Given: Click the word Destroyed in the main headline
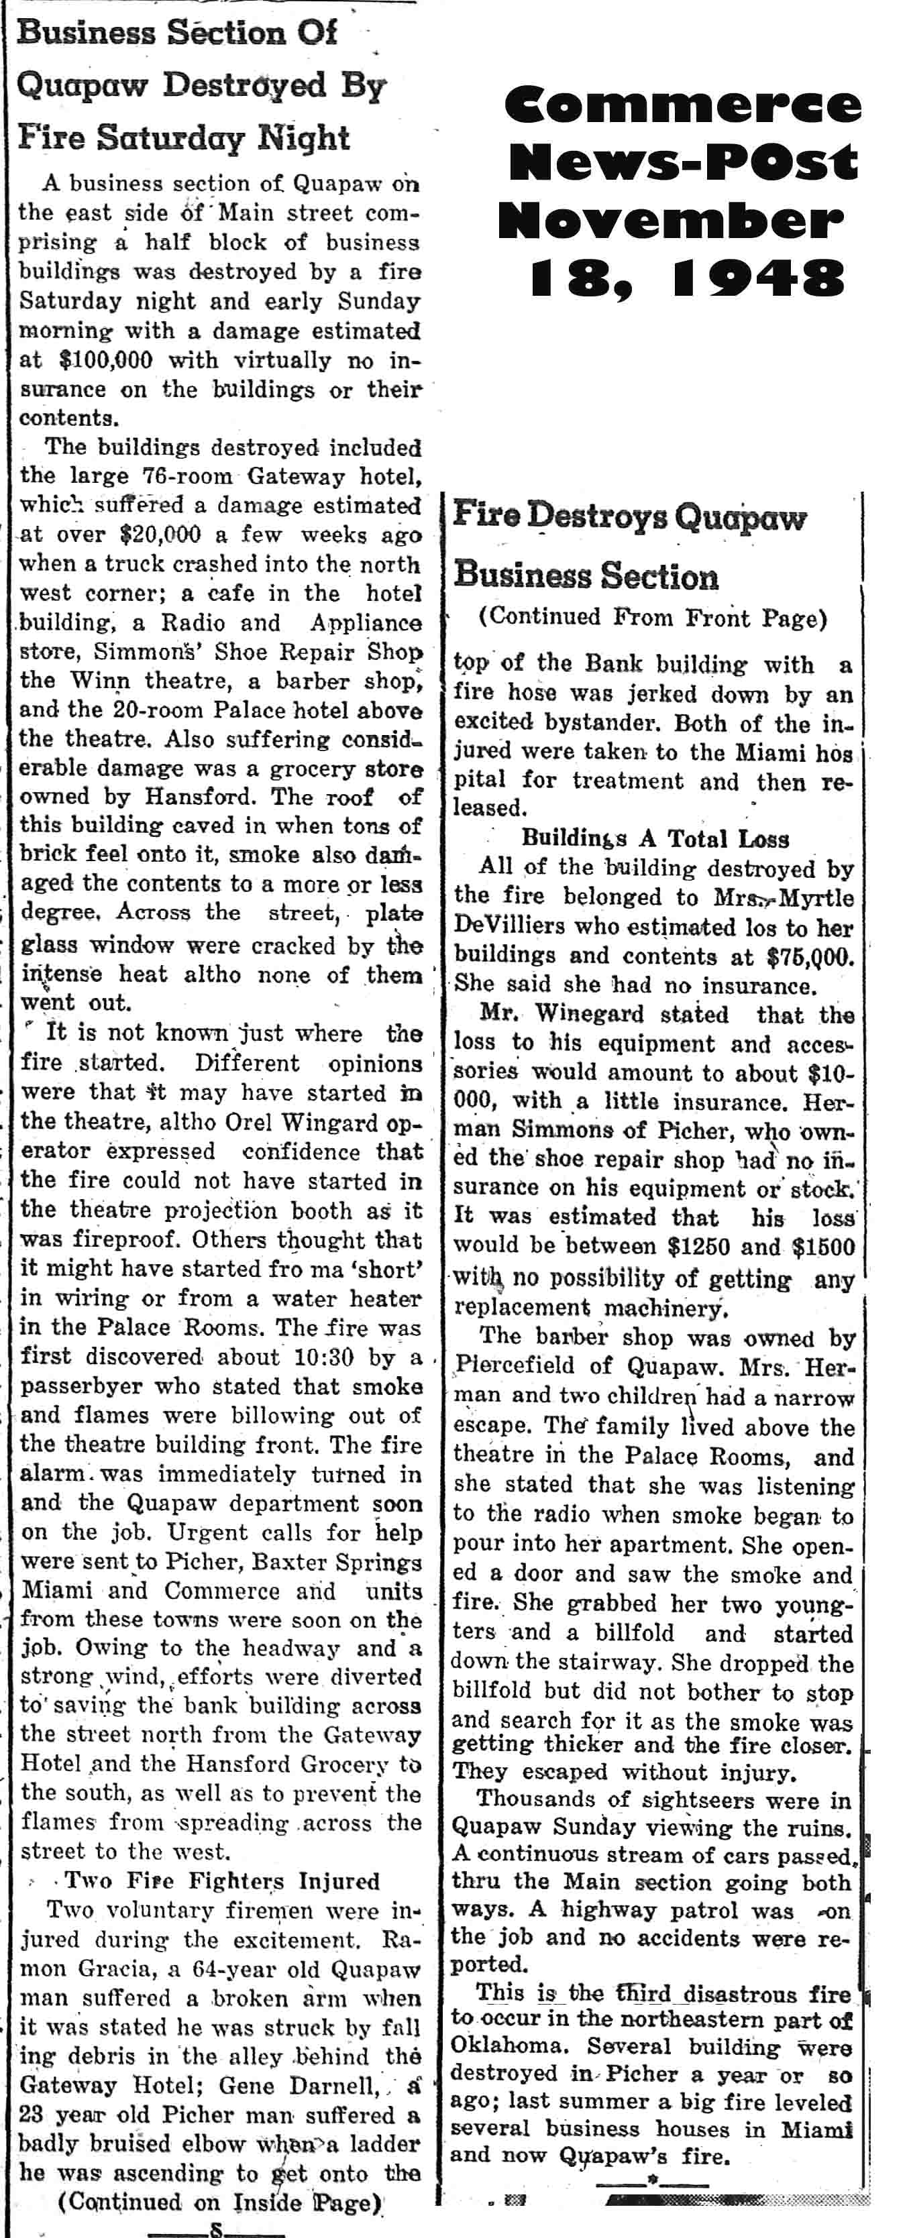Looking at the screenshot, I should (x=246, y=85).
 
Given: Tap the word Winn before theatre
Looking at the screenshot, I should (x=95, y=681).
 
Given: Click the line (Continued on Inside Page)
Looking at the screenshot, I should (x=221, y=2202).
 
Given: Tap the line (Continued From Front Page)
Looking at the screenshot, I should (x=651, y=618).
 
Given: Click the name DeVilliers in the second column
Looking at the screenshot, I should (x=509, y=926).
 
